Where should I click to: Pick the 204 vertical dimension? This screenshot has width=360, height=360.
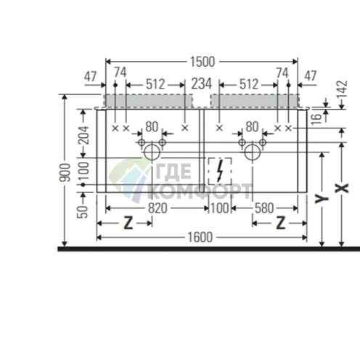[x=84, y=134]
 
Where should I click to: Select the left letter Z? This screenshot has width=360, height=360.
[x=128, y=223]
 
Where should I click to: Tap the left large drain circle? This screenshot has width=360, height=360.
[x=151, y=152]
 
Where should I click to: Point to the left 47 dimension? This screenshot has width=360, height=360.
[x=91, y=74]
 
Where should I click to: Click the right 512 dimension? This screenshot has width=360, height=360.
[x=248, y=83]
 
